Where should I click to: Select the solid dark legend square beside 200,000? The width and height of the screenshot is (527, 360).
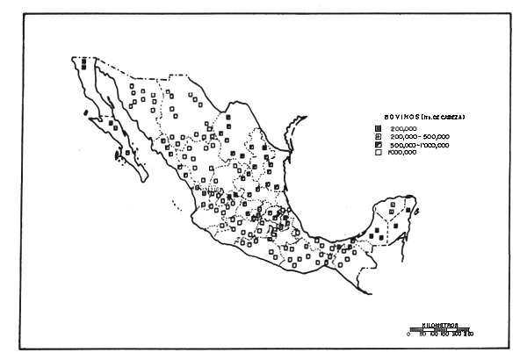point(377,128)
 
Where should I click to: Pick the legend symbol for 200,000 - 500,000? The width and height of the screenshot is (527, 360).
point(377,137)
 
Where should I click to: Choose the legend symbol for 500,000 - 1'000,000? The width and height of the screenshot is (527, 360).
point(377,145)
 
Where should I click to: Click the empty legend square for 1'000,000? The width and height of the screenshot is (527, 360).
point(377,153)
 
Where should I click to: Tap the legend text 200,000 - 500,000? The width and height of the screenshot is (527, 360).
point(418,137)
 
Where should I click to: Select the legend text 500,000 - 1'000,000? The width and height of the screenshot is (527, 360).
point(420,145)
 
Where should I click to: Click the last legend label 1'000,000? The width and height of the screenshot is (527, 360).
point(401,153)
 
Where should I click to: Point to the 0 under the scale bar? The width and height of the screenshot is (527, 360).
point(409,335)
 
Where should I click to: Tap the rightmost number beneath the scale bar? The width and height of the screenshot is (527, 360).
point(471,335)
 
